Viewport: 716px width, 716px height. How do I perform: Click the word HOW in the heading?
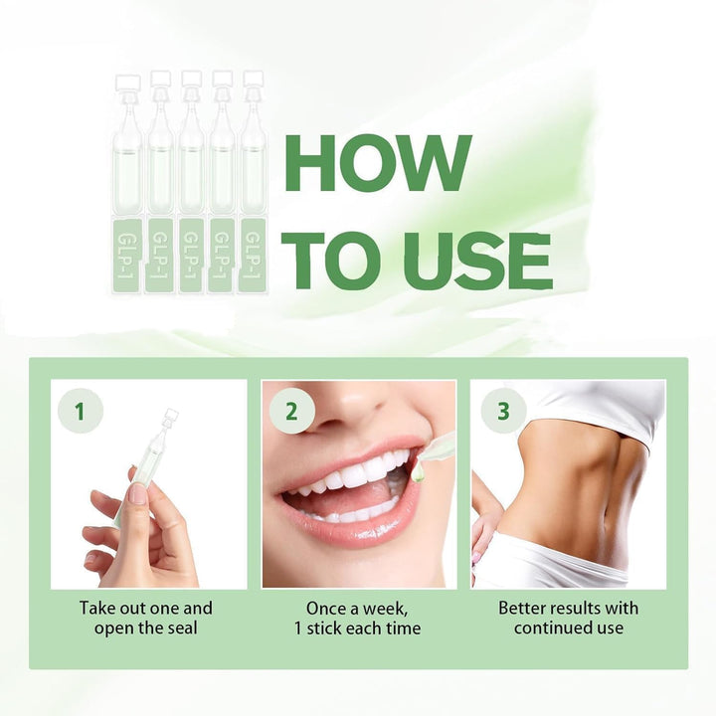[378, 161]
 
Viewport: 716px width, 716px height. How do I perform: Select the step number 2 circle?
[290, 411]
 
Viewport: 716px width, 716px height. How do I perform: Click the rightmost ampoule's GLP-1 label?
[252, 257]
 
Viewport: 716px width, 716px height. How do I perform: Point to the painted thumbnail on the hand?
[137, 493]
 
